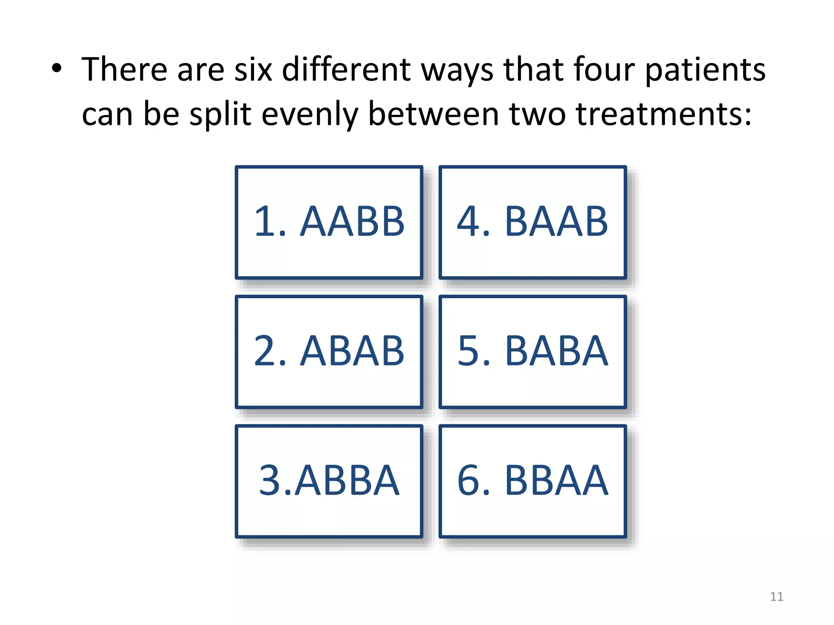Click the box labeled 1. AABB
(329, 222)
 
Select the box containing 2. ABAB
(329, 352)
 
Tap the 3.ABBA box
(329, 481)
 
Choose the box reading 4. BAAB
(533, 222)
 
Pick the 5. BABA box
(533, 352)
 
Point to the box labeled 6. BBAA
(533, 481)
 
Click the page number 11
(777, 597)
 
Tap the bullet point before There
(57, 68)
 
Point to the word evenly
(309, 115)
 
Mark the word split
(220, 115)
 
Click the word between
(433, 114)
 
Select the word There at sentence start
(124, 70)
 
